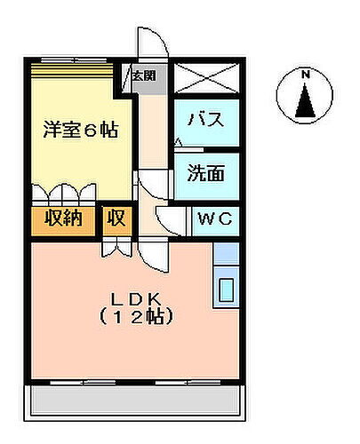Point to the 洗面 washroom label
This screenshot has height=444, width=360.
(205, 173)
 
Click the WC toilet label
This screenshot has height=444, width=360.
(213, 219)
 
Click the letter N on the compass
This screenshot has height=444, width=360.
(304, 75)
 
